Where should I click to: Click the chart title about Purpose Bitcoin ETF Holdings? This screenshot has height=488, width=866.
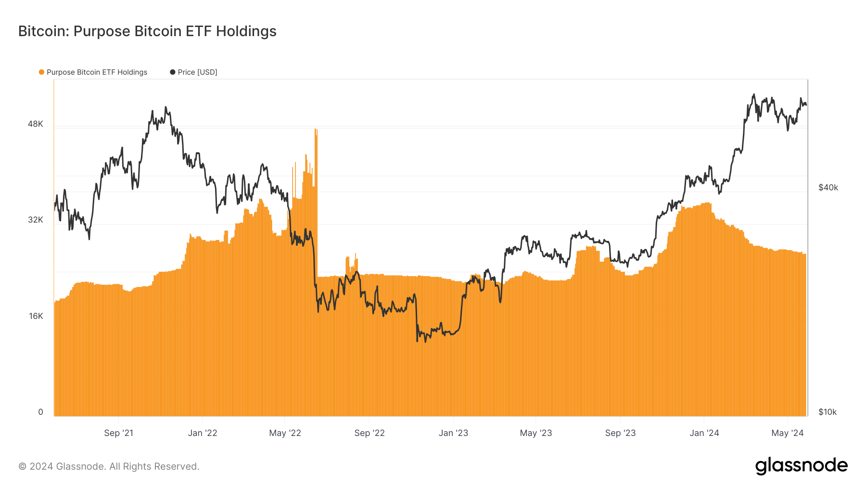click(x=147, y=31)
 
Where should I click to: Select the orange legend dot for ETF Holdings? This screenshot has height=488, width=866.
click(x=42, y=72)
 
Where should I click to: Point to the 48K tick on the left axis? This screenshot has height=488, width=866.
click(x=36, y=124)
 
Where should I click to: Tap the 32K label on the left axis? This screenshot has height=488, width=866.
click(x=36, y=220)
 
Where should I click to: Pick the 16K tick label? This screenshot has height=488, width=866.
click(x=36, y=316)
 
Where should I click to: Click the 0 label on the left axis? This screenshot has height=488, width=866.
click(x=40, y=412)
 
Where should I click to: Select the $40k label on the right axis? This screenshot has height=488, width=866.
click(x=828, y=187)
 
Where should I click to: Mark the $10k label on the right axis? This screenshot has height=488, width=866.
click(x=828, y=412)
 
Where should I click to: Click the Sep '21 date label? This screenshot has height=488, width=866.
click(x=119, y=433)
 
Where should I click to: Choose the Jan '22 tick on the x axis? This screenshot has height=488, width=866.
click(x=203, y=433)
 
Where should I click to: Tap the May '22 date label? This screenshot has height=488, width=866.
click(x=285, y=433)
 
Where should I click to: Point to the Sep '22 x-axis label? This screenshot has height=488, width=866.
click(x=369, y=433)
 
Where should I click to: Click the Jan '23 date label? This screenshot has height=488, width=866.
click(x=453, y=433)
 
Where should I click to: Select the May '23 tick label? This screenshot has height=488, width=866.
click(x=536, y=433)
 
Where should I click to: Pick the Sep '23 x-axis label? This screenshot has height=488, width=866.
click(x=620, y=433)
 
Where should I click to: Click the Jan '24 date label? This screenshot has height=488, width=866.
click(x=704, y=433)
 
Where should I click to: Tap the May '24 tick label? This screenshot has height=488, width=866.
click(x=788, y=433)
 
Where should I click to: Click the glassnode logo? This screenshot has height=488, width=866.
click(x=801, y=466)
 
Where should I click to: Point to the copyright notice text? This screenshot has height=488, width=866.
click(x=109, y=466)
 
